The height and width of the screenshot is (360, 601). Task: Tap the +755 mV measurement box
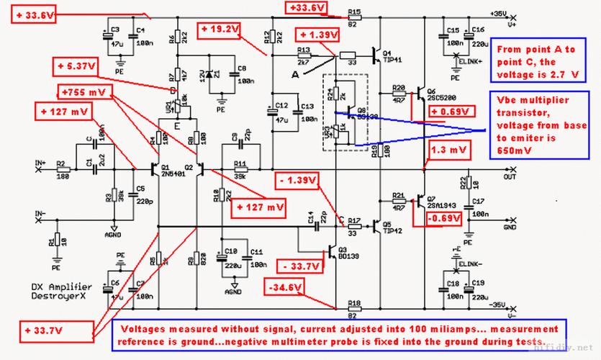tap(82, 93)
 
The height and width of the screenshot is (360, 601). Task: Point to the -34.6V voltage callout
tap(284, 287)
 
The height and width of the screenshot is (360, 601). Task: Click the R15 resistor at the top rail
tap(353, 18)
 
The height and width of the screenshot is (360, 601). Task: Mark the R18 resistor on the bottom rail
tap(353, 309)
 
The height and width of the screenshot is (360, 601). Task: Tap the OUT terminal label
tap(510, 176)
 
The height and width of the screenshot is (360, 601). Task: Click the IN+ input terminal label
tap(42, 163)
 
